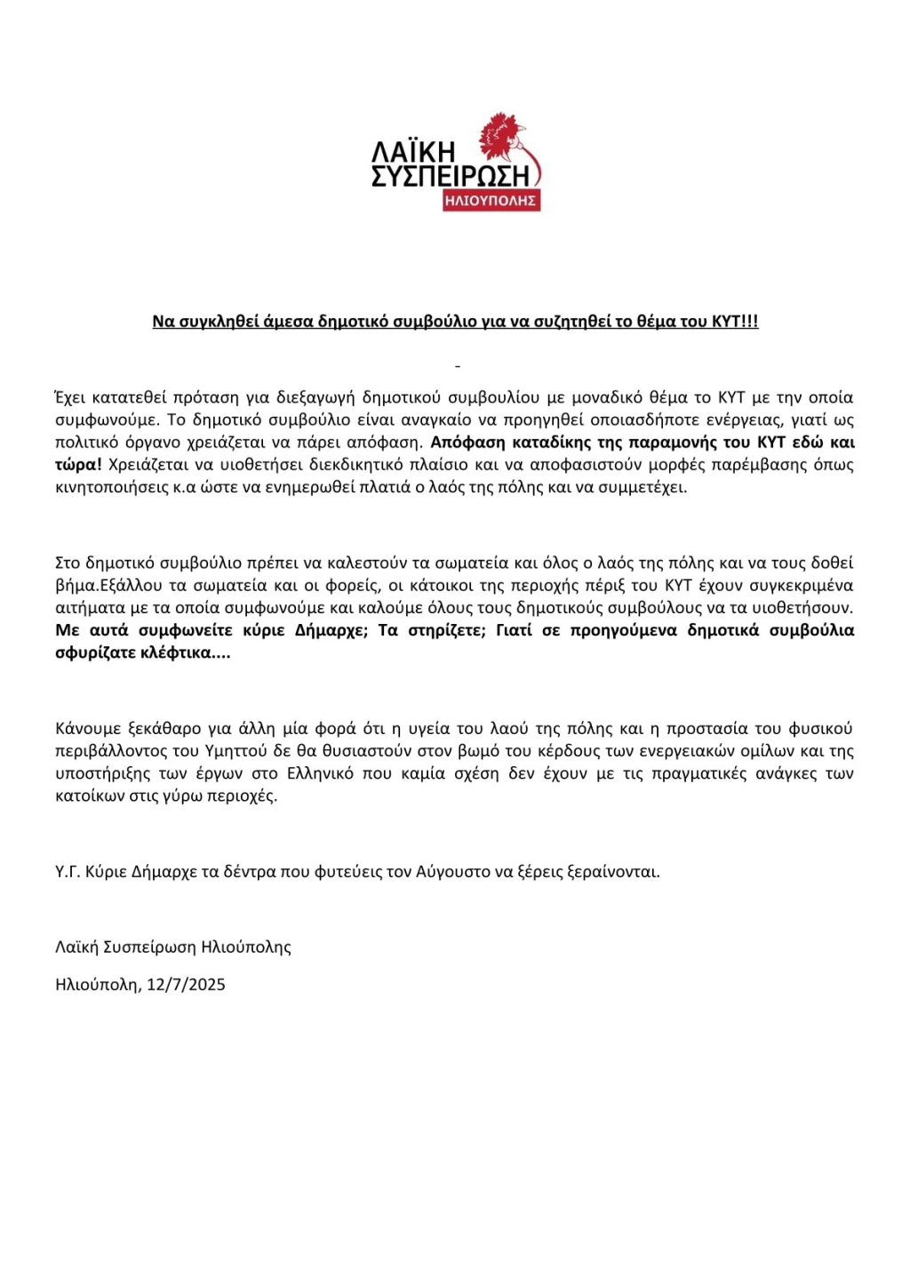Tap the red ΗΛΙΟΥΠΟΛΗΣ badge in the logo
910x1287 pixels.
pyautogui.click(x=491, y=201)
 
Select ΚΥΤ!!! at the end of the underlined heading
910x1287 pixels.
pyautogui.click(x=735, y=322)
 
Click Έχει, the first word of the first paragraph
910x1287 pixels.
pyautogui.click(x=73, y=397)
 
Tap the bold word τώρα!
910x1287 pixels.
pyautogui.click(x=78, y=464)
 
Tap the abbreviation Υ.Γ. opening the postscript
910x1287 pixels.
pyautogui.click(x=68, y=871)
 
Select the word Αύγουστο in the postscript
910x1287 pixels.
pyautogui.click(x=452, y=871)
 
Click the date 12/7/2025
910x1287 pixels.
pyautogui.click(x=186, y=984)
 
